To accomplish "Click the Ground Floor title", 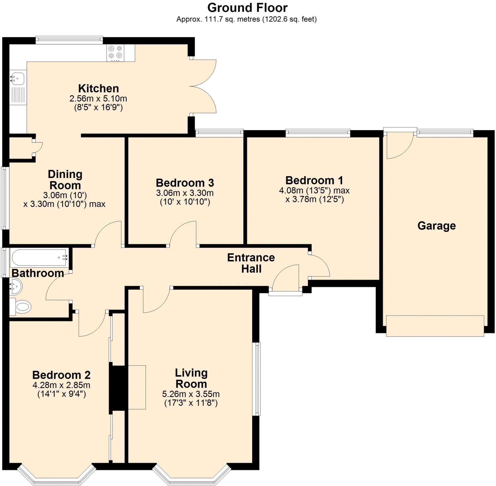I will click(247, 8).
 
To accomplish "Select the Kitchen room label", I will click(98, 89).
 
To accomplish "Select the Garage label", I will click(436, 226).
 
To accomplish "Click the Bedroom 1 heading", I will click(314, 180).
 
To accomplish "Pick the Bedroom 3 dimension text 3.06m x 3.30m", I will click(185, 193).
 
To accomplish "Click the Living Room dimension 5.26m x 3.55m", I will click(191, 394).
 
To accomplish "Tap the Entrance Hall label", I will click(251, 263).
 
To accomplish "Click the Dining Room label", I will click(65, 179).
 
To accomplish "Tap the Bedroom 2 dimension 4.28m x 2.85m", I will click(61, 385).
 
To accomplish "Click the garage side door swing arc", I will click(401, 148).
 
